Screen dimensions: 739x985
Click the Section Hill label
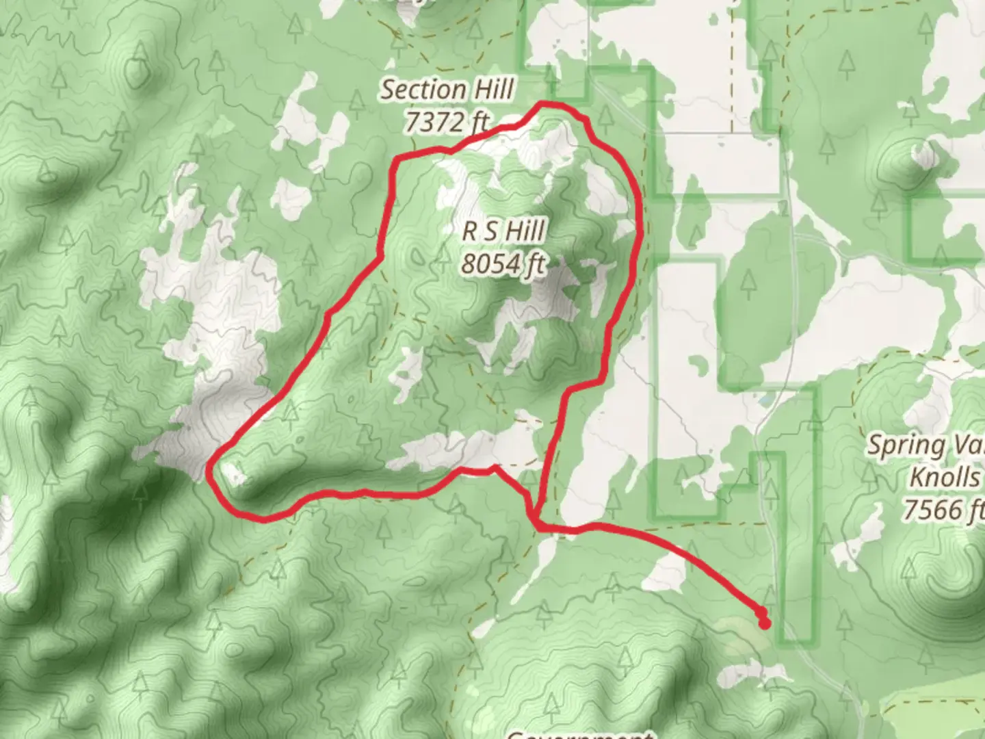coord(447,90)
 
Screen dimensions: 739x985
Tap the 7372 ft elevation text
coord(447,122)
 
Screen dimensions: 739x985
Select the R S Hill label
coord(503,231)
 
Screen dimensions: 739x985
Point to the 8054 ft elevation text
coord(503,263)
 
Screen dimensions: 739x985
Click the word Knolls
coord(945,477)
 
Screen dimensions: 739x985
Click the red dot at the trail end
coord(764,623)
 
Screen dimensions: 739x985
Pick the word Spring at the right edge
coord(897,445)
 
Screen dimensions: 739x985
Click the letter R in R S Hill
coord(470,231)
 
